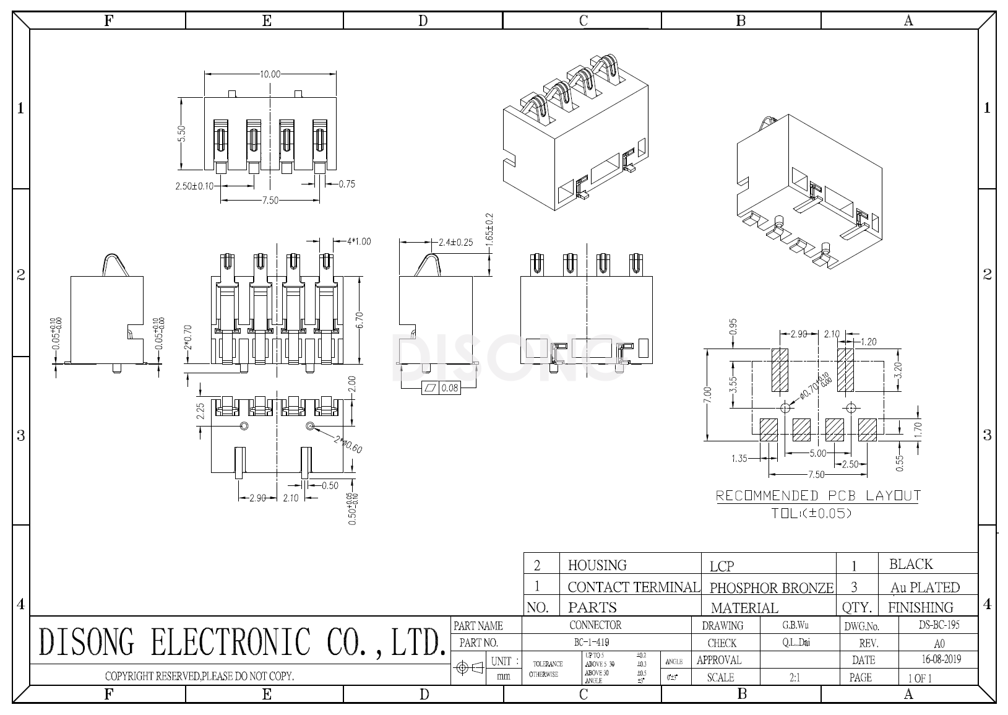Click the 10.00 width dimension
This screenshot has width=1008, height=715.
click(x=270, y=74)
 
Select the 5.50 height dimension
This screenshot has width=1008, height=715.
click(x=181, y=134)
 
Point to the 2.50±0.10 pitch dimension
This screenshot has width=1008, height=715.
click(x=194, y=185)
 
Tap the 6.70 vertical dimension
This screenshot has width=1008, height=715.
click(x=360, y=319)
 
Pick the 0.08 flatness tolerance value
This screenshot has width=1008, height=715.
click(x=450, y=388)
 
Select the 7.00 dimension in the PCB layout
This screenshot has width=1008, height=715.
click(x=708, y=394)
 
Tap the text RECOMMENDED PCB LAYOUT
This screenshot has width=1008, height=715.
click(x=818, y=496)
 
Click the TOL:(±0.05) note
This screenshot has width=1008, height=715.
click(x=811, y=513)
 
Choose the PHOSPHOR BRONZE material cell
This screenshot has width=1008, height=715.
click(x=771, y=587)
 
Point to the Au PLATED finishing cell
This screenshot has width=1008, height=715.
click(x=924, y=587)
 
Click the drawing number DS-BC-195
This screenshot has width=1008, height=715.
click(x=939, y=625)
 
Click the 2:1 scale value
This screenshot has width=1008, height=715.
click(x=795, y=678)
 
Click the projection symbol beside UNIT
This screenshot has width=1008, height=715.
click(x=470, y=669)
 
